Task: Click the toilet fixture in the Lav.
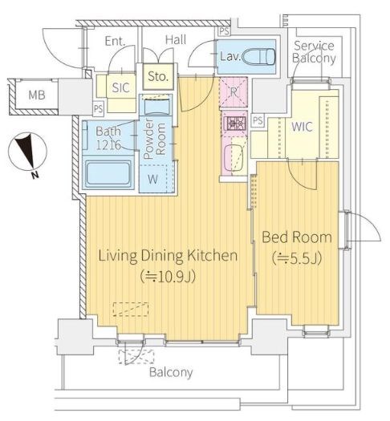coord(258,57)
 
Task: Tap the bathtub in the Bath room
coord(108,174)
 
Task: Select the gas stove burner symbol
coord(234,123)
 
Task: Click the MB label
coord(37,95)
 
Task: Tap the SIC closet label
coord(120,87)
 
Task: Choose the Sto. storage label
coord(158,77)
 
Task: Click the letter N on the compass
coord(35,176)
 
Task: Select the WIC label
coord(303,127)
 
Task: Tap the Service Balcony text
coord(314,52)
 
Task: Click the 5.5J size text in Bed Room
coord(297,259)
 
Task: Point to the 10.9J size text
coord(168,277)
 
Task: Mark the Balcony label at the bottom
coord(171,372)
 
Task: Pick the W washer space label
coord(152,179)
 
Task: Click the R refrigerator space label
coord(234,92)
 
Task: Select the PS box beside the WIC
coord(258,120)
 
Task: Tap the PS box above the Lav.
coord(224,31)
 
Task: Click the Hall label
coord(176,40)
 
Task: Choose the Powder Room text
coord(154,139)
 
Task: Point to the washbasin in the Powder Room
coord(157,107)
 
